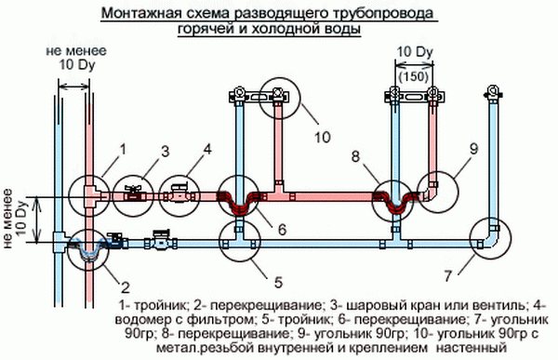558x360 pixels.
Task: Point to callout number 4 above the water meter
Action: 206,149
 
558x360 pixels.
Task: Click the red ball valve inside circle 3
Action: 137,193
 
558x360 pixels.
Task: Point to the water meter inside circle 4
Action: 180,193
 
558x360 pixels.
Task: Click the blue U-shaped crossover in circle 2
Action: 89,249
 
